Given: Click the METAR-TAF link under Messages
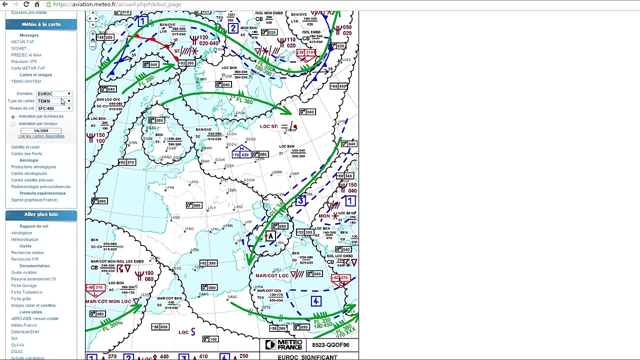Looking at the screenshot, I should coord(23,42).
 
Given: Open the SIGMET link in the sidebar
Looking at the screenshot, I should coord(19,48).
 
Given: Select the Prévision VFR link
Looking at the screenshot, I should coord(24,61).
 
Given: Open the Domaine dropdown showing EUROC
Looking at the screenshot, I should coord(54,93).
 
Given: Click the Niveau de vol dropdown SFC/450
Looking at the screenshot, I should coord(54,108).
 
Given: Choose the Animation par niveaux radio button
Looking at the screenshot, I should coord(13,124).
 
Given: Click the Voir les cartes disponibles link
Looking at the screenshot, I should coord(41,136).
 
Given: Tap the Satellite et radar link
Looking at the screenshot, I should coord(25,147).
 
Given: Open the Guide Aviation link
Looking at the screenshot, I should coord(24,272).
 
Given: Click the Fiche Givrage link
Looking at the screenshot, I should coord(24,285).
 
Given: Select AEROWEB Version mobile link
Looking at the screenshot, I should coord(35,318).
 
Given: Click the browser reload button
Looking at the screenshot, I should coord(26,4).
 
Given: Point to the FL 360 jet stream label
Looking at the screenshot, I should coord(244,100).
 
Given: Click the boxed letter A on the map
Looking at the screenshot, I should coord(270,236).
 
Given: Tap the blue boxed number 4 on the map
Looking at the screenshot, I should coord(316,301).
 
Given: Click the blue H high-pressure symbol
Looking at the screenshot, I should coord(242,148).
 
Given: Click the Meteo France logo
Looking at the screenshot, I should coord(284,345).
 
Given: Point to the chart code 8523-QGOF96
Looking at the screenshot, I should coord(330,345).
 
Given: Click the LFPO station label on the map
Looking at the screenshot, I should coord(194,182).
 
